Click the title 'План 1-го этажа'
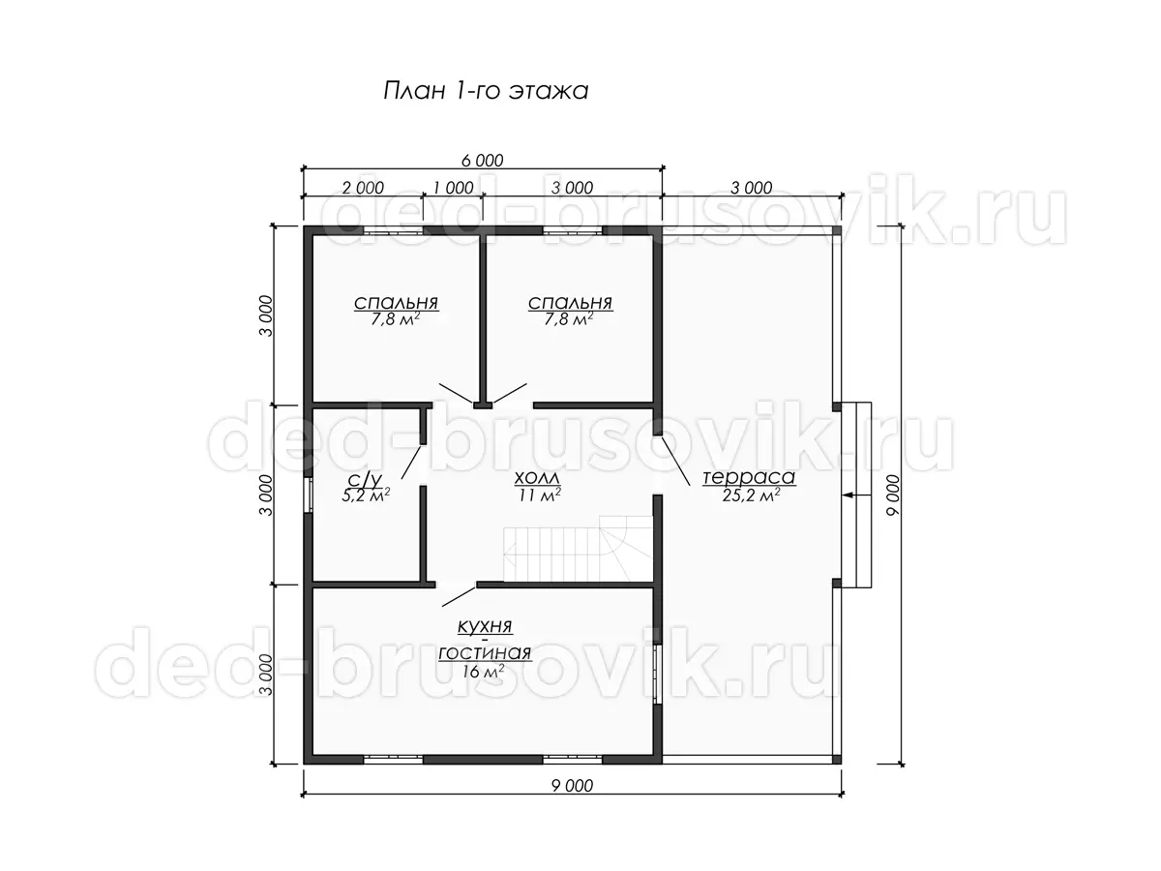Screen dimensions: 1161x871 [x=485, y=91]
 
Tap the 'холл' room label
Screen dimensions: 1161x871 [x=536, y=477]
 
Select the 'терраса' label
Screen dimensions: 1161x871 [x=749, y=477]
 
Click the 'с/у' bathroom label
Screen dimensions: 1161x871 [x=365, y=480]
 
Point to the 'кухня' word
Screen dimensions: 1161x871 [x=485, y=627]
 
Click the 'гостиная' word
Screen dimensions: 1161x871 [x=485, y=653]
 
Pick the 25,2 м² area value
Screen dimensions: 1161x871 [x=751, y=495]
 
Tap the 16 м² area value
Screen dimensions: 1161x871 [x=483, y=671]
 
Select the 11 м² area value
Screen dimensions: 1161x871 [x=540, y=495]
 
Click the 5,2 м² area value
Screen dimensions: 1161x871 [x=366, y=495]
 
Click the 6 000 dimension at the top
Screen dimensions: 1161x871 [x=482, y=161]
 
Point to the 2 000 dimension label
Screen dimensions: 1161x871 [x=363, y=188]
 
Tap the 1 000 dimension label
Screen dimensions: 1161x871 [x=453, y=188]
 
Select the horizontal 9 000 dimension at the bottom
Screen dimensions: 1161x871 [x=572, y=786]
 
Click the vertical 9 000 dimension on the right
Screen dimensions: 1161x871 [x=892, y=495]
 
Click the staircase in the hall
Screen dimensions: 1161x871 [x=578, y=549]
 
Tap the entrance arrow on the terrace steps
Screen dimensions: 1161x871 [x=857, y=496]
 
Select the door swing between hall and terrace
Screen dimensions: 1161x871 [x=675, y=461]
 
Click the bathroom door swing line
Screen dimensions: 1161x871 [x=411, y=463]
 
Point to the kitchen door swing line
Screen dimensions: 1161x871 [x=459, y=596]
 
